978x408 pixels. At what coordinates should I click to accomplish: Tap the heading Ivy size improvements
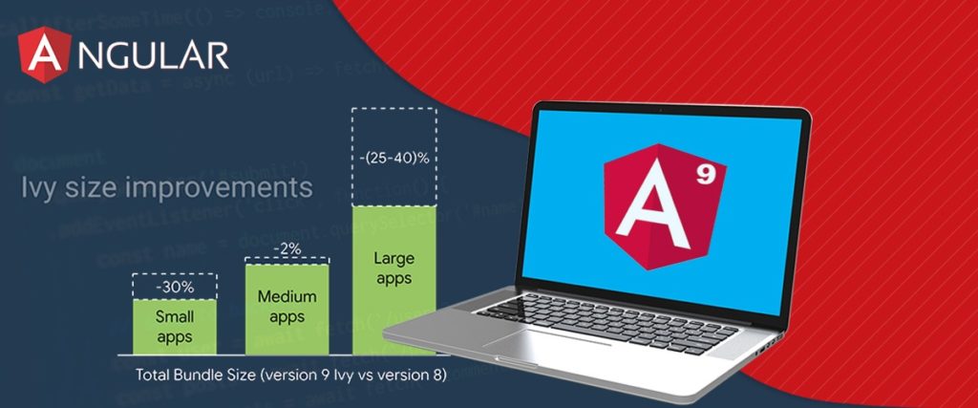pyautogui.click(x=167, y=186)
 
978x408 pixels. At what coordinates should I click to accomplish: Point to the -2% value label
pyautogui.click(x=287, y=248)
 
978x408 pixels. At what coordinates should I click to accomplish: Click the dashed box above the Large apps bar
pyautogui.click(x=393, y=156)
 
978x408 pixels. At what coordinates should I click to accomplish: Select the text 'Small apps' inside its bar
pyautogui.click(x=175, y=326)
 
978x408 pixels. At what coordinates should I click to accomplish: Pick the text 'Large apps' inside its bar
pyautogui.click(x=393, y=268)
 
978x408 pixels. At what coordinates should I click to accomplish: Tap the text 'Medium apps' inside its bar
pyautogui.click(x=287, y=307)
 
